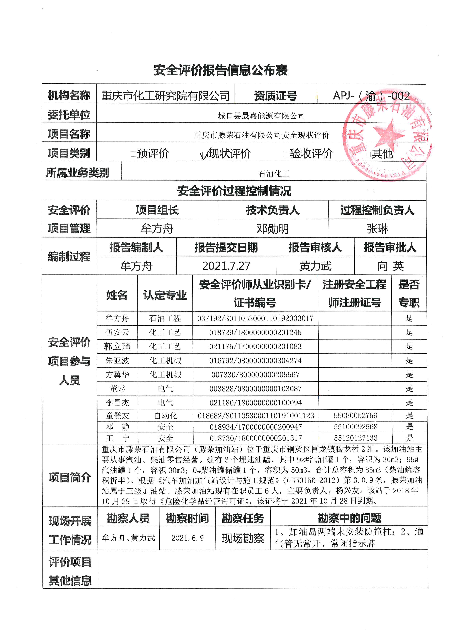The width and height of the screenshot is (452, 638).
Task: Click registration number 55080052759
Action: [355, 416]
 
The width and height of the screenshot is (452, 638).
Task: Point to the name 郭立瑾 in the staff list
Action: [117, 347]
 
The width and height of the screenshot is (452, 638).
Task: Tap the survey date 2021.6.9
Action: [187, 538]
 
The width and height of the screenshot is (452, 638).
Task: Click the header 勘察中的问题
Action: [349, 518]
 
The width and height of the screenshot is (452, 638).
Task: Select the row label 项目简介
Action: [70, 477]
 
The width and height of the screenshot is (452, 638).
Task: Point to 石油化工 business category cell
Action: [274, 174]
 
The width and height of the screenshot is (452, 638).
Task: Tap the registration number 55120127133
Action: [355, 438]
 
